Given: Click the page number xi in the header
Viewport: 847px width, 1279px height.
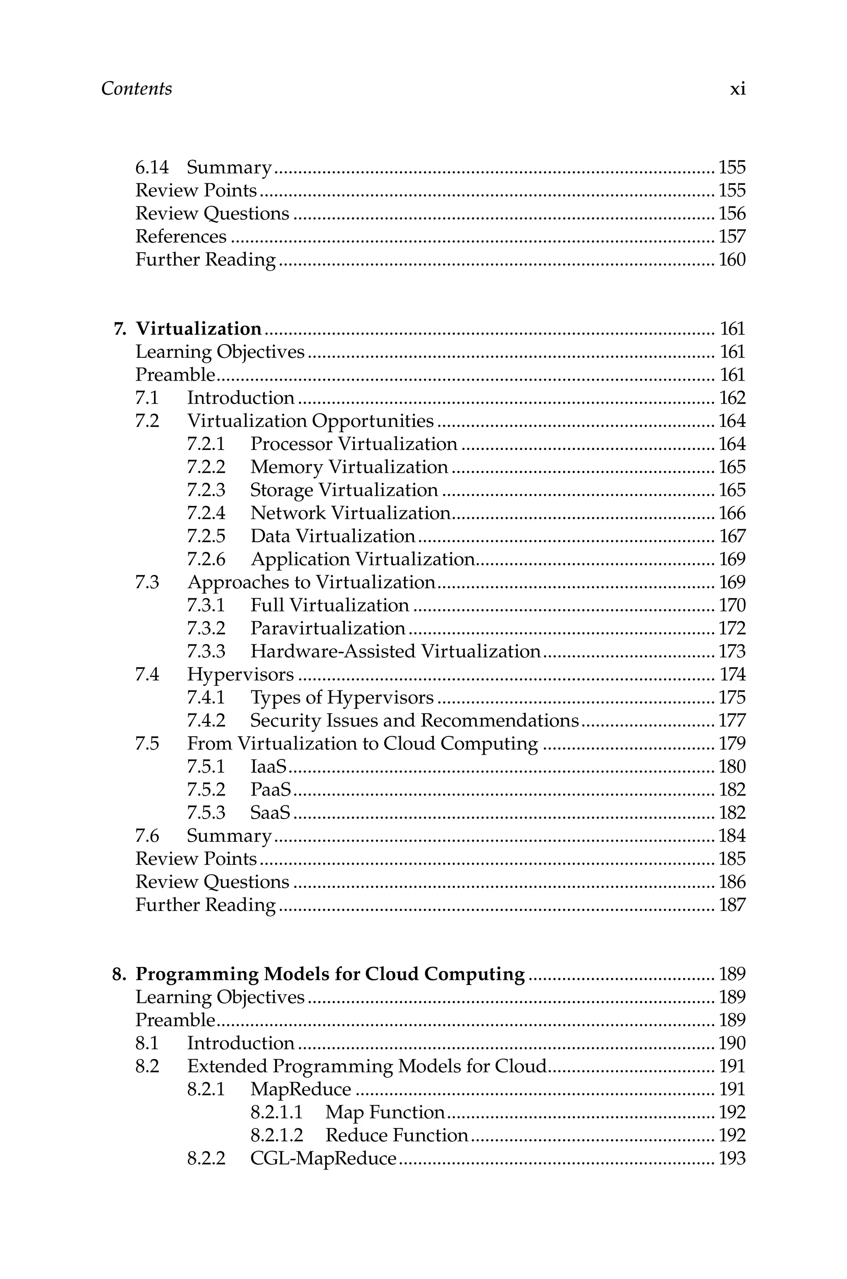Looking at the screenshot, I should (737, 89).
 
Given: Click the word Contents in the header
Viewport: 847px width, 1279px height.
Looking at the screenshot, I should (136, 89).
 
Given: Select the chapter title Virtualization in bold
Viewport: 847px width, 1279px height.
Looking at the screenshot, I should (198, 328).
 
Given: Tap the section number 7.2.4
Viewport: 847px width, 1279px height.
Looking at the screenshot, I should (206, 513).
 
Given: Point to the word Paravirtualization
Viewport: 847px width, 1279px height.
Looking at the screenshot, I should (328, 628).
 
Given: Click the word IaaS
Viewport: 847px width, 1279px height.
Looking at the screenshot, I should (268, 766).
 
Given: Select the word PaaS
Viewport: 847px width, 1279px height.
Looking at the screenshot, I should (270, 790).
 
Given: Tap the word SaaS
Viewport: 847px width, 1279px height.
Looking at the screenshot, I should (270, 812).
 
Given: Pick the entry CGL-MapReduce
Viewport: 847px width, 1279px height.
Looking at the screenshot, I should (323, 1158).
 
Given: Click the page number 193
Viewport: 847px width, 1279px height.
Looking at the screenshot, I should (732, 1158).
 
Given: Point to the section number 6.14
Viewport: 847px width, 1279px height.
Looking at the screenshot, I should (152, 168).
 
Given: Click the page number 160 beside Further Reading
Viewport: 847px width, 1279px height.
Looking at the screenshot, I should (732, 260).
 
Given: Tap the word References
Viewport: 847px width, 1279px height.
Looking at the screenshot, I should (180, 237).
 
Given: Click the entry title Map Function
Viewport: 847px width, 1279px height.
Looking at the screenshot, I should (385, 1112).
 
